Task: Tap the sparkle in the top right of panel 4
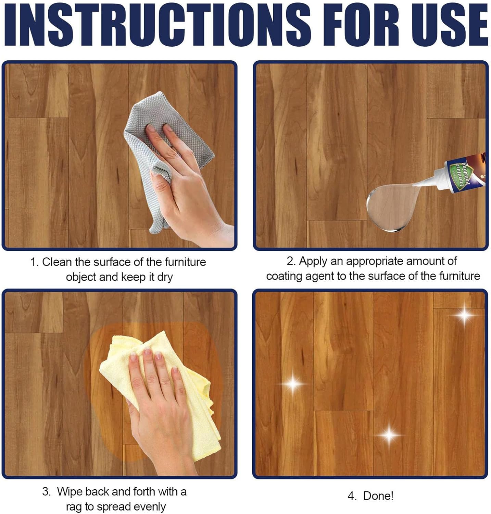coord(464,315)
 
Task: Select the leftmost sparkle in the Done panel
coord(293,383)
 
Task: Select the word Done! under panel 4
coord(378,496)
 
